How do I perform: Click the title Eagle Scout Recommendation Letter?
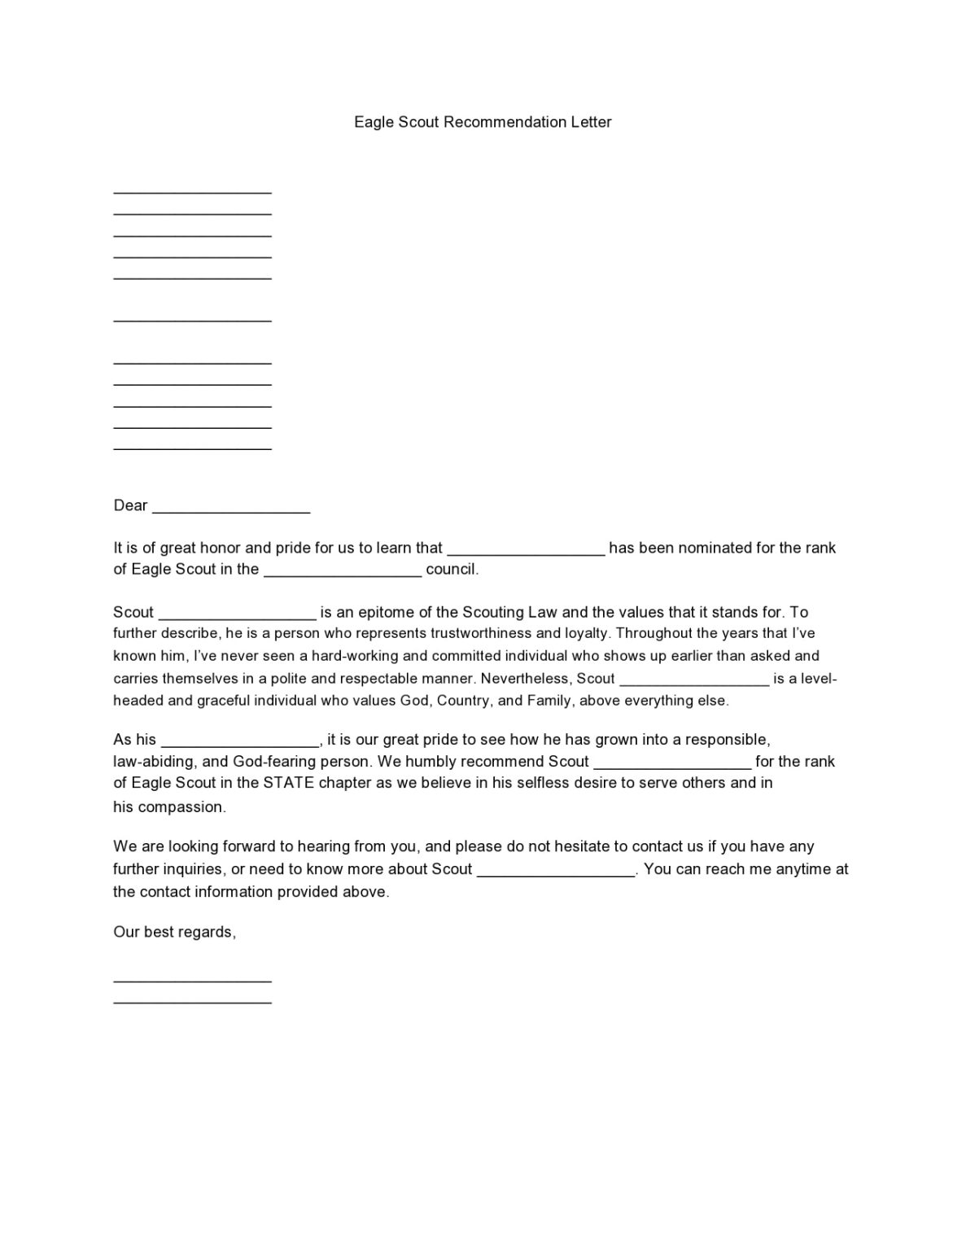click(x=483, y=122)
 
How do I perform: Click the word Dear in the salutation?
click(x=130, y=505)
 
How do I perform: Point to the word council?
click(x=452, y=570)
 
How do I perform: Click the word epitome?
click(x=379, y=612)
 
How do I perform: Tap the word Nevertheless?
click(x=526, y=678)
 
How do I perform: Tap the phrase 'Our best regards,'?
click(x=174, y=933)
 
